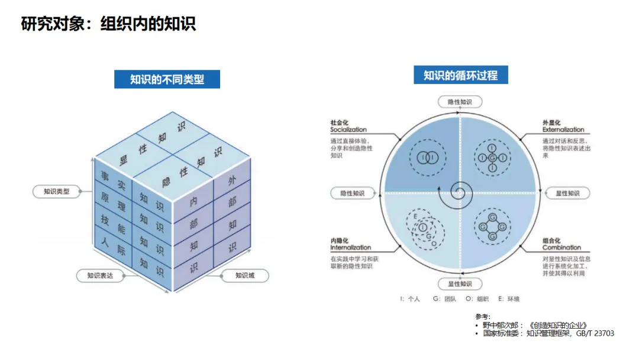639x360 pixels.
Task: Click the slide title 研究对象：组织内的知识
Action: (x=108, y=24)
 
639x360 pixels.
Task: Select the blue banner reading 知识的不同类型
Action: (x=167, y=79)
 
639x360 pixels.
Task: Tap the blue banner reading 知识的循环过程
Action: (x=460, y=75)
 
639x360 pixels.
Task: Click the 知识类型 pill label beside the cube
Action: (x=57, y=191)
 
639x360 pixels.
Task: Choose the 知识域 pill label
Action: (x=244, y=275)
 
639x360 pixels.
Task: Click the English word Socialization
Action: (x=348, y=130)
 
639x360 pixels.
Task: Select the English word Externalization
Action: (x=563, y=130)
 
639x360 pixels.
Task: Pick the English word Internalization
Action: (x=351, y=247)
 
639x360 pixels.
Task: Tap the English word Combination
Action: (x=561, y=247)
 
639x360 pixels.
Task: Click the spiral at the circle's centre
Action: (x=459, y=191)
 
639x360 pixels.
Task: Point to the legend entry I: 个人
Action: (x=409, y=299)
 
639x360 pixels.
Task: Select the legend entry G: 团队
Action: (x=444, y=299)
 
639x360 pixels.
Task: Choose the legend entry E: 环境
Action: (x=508, y=299)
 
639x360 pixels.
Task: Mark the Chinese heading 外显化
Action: (x=552, y=123)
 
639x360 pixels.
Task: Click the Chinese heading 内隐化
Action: (x=340, y=240)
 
